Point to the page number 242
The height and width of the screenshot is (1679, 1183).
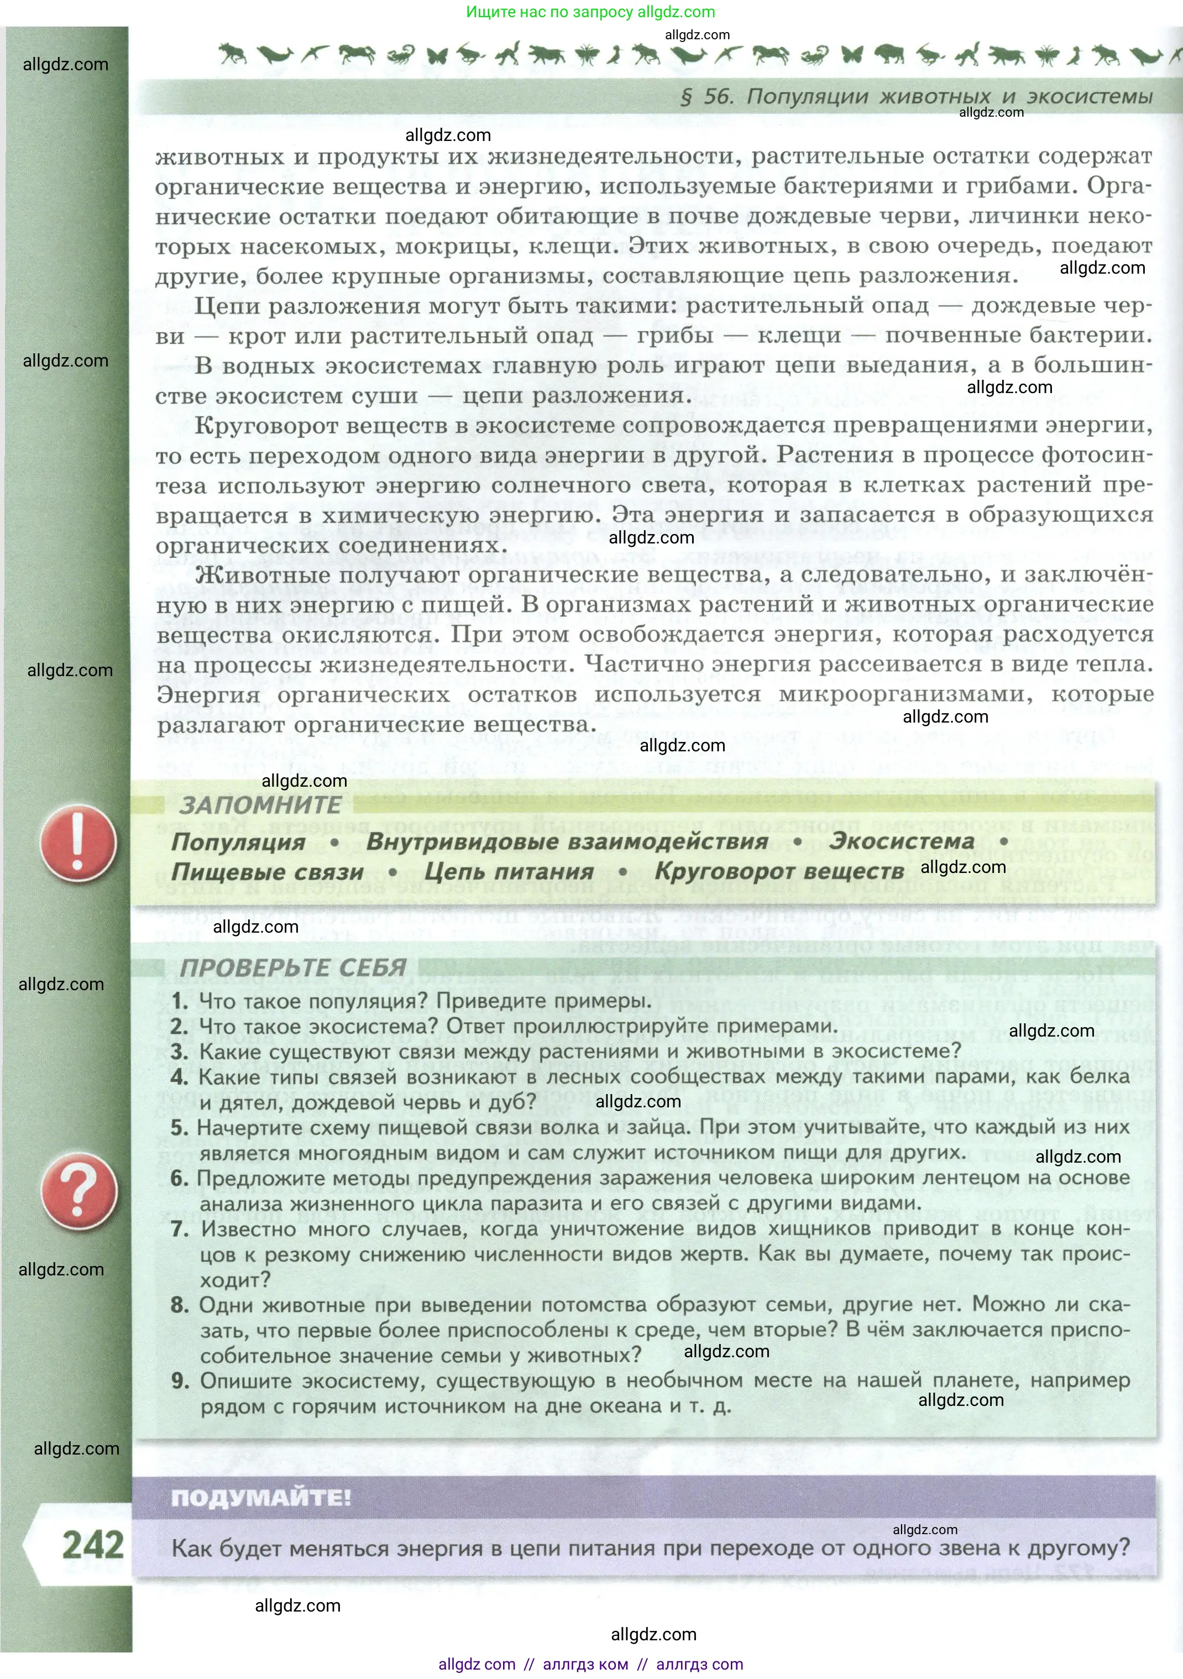[x=92, y=1545]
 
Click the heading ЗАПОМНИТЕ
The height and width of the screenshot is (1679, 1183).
[x=260, y=805]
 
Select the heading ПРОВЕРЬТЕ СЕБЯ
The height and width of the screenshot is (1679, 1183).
[x=293, y=967]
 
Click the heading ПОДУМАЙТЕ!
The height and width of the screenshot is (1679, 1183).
[x=261, y=1497]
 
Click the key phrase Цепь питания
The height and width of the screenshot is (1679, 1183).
[x=509, y=872]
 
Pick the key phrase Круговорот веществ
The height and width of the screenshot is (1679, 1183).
[x=779, y=872]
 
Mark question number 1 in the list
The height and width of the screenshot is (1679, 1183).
[x=180, y=1001]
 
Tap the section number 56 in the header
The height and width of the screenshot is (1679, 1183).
[x=716, y=97]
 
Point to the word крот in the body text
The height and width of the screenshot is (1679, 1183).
[x=254, y=336]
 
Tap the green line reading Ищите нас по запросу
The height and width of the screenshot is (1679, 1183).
[x=591, y=12]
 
